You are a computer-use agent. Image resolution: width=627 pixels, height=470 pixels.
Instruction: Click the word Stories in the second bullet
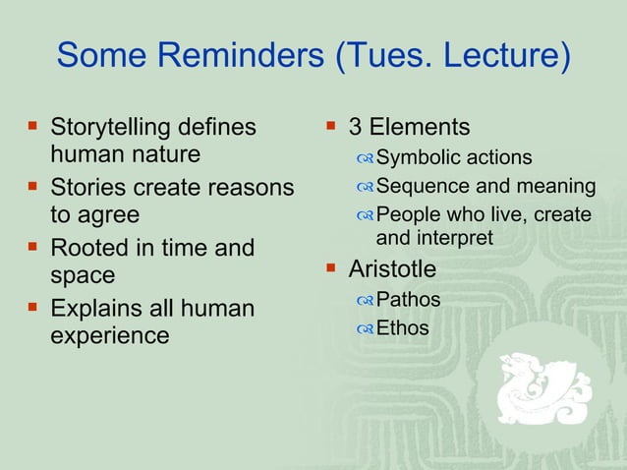[87, 188]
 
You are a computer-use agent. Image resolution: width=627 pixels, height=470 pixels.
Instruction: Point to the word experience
[109, 335]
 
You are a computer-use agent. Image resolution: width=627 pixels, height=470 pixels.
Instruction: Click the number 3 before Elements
[356, 128]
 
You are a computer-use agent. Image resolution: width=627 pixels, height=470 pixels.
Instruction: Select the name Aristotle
[393, 268]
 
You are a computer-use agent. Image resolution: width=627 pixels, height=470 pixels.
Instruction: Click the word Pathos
[408, 299]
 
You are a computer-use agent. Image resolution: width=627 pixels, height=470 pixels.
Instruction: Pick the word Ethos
[403, 328]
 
